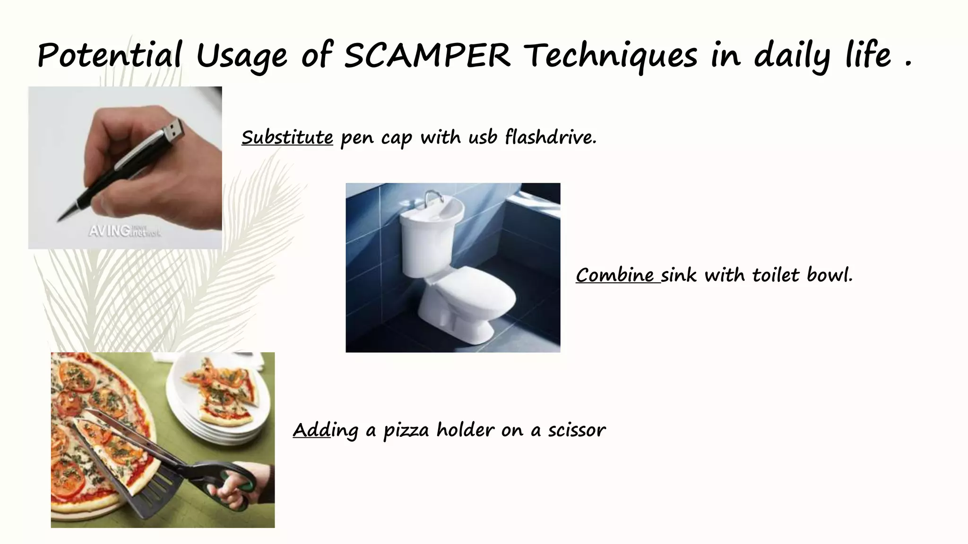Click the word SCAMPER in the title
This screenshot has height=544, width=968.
[x=427, y=55]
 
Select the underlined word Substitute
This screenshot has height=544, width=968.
[x=287, y=137]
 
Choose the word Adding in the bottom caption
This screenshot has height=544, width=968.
[x=325, y=430]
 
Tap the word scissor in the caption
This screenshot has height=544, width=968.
[x=577, y=430]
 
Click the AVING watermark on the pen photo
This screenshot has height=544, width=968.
[x=124, y=231]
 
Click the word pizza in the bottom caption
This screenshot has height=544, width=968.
[x=406, y=430]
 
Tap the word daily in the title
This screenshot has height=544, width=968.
[x=792, y=55]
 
